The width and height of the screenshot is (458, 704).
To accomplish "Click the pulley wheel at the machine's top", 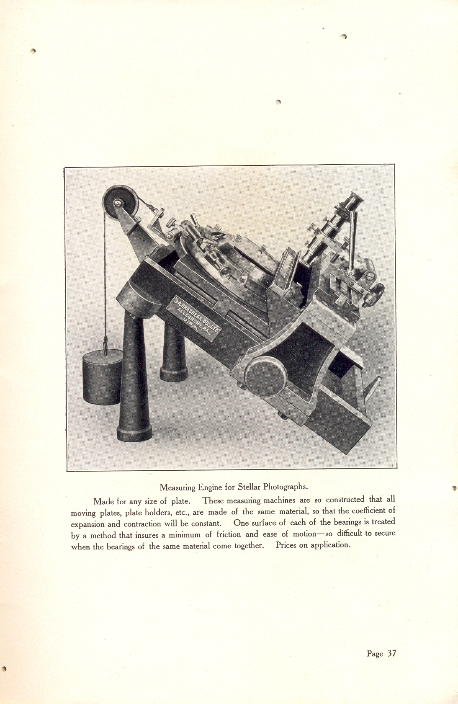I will [121, 203].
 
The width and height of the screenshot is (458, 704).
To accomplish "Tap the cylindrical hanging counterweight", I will [102, 378].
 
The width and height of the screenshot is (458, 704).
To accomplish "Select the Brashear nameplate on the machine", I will [194, 317].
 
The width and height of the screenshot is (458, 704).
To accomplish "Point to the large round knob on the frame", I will [265, 376].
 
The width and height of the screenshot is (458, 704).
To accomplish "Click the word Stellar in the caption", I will [250, 487].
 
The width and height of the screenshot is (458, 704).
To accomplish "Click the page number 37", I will [391, 653].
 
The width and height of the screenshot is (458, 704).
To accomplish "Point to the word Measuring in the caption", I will [178, 487].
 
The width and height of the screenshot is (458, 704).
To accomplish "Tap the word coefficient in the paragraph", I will [368, 511].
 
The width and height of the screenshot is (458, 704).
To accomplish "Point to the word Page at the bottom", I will [375, 654].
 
